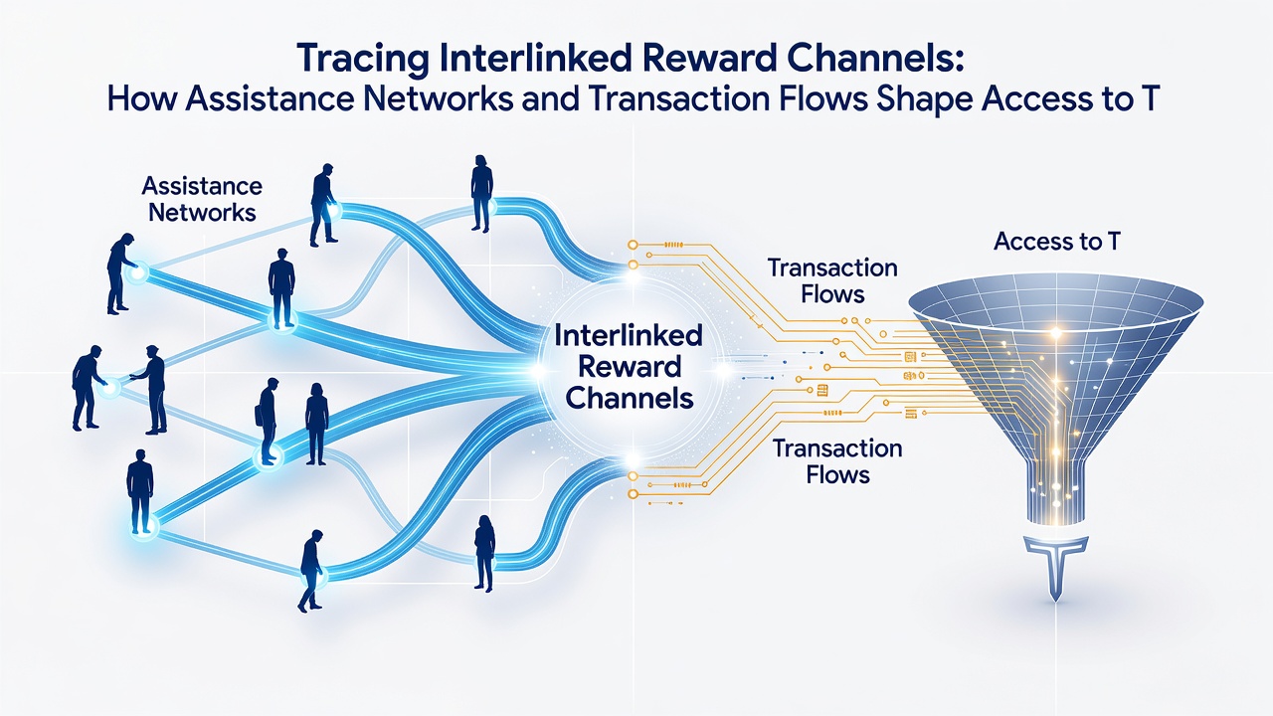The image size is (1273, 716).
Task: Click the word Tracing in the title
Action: [362, 60]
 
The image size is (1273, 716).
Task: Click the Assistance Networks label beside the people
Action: [202, 200]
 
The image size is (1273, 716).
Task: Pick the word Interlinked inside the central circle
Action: [629, 335]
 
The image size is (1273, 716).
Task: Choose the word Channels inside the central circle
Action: [630, 397]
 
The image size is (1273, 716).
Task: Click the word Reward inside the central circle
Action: [630, 367]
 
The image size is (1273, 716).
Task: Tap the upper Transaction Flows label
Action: [832, 280]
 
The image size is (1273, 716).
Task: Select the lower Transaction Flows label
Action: [837, 461]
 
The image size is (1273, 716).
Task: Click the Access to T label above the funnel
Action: [1056, 242]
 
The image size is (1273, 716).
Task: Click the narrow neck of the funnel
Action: [1055, 493]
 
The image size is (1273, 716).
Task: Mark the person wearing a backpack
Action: [268, 422]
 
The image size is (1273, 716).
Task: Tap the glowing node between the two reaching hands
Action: [109, 388]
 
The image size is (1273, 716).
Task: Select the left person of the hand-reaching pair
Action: [87, 387]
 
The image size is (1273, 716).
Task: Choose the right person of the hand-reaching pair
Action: [151, 390]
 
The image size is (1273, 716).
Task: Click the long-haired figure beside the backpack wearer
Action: [316, 424]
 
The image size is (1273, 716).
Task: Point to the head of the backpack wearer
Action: [273, 385]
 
